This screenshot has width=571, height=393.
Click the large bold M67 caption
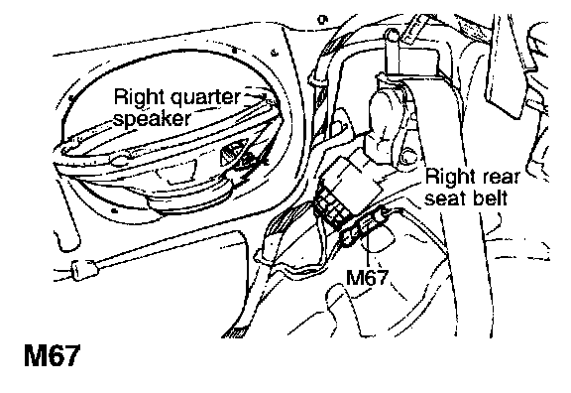[52, 355]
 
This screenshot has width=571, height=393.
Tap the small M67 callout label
[367, 278]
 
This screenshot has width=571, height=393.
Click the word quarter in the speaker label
[205, 97]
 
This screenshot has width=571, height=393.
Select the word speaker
[152, 119]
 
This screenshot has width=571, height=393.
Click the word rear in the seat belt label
[502, 178]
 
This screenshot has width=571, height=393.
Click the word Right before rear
[451, 178]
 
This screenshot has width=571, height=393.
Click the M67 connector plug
[364, 226]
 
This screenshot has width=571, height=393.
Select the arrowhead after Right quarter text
[260, 95]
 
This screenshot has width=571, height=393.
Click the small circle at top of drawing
[322, 19]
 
